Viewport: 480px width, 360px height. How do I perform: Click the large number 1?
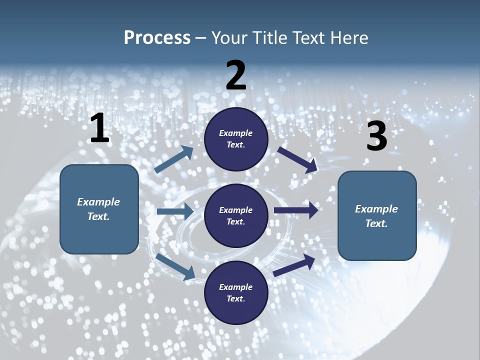coord(99,128)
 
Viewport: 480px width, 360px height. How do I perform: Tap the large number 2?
coord(236,75)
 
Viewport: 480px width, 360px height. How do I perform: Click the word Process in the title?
coord(157,37)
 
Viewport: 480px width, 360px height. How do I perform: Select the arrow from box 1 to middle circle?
coord(175,211)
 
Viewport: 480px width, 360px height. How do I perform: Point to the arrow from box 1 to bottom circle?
coord(175,266)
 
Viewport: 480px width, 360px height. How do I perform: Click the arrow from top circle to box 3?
coord(297,159)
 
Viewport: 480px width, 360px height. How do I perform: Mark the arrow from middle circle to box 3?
coord(296,210)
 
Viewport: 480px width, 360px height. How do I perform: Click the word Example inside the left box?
coord(98,202)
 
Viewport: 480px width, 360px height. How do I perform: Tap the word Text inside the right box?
coord(376,223)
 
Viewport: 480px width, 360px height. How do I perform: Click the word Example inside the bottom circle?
coord(236,287)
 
